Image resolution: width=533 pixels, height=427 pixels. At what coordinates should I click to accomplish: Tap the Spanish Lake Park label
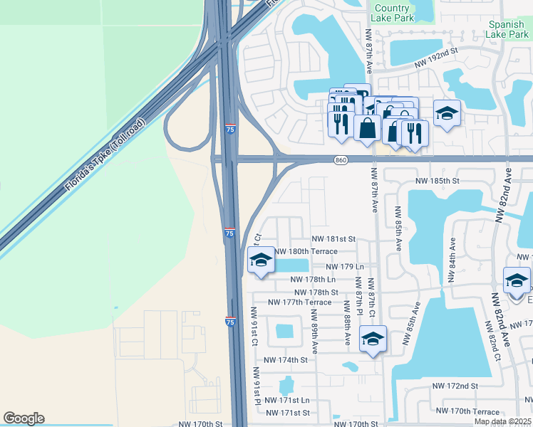(507, 28)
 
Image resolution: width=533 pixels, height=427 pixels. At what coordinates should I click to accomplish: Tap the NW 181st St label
(333, 240)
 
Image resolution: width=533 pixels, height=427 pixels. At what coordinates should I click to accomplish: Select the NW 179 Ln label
(345, 267)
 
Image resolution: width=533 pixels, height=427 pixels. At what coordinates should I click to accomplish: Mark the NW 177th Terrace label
(299, 302)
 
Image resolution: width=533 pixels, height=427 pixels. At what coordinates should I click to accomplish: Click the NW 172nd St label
(455, 386)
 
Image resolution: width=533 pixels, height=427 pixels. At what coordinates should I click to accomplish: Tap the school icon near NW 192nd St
(447, 114)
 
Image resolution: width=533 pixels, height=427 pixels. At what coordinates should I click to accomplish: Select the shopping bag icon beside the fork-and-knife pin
(367, 129)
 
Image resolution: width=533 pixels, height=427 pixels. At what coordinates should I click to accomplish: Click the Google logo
(24, 418)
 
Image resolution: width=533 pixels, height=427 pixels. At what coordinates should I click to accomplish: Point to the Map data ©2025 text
(502, 421)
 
